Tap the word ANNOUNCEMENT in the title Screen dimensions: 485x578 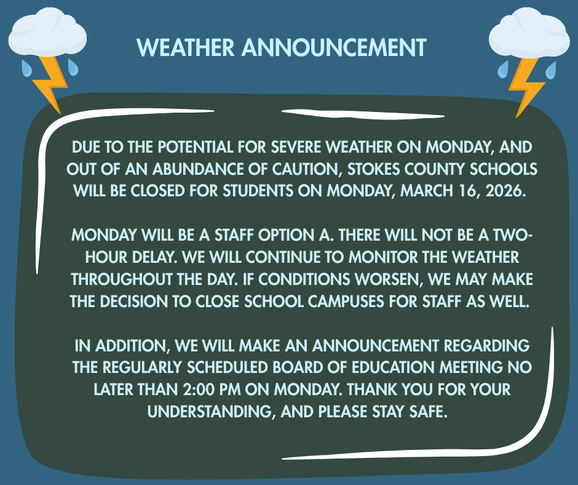[334, 47]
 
